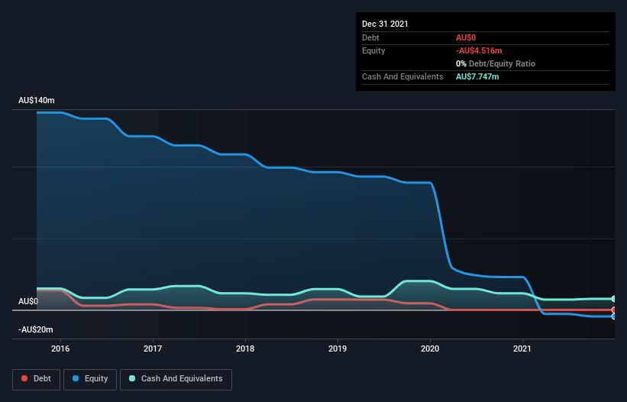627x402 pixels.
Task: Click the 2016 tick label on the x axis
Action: point(60,349)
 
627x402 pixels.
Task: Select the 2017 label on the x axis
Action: point(153,349)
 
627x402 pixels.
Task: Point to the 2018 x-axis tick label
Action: point(245,349)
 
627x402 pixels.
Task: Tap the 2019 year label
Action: point(338,349)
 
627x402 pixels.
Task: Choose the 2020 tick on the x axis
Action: point(430,349)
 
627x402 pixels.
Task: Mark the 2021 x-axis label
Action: point(522,349)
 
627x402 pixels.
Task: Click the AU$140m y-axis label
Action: point(37,101)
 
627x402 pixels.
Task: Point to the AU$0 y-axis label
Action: point(28,301)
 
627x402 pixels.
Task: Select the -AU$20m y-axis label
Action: point(36,329)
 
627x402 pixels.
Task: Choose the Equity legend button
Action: point(90,378)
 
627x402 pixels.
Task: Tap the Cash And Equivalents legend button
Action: point(176,378)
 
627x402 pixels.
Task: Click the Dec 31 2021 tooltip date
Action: point(385,24)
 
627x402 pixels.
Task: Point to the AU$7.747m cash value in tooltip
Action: point(478,76)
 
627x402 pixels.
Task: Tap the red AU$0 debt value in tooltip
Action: point(467,37)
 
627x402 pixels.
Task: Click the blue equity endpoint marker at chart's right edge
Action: point(614,316)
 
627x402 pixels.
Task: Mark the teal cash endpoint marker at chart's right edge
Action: point(614,299)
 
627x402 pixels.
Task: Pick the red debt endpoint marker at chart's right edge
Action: point(614,310)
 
